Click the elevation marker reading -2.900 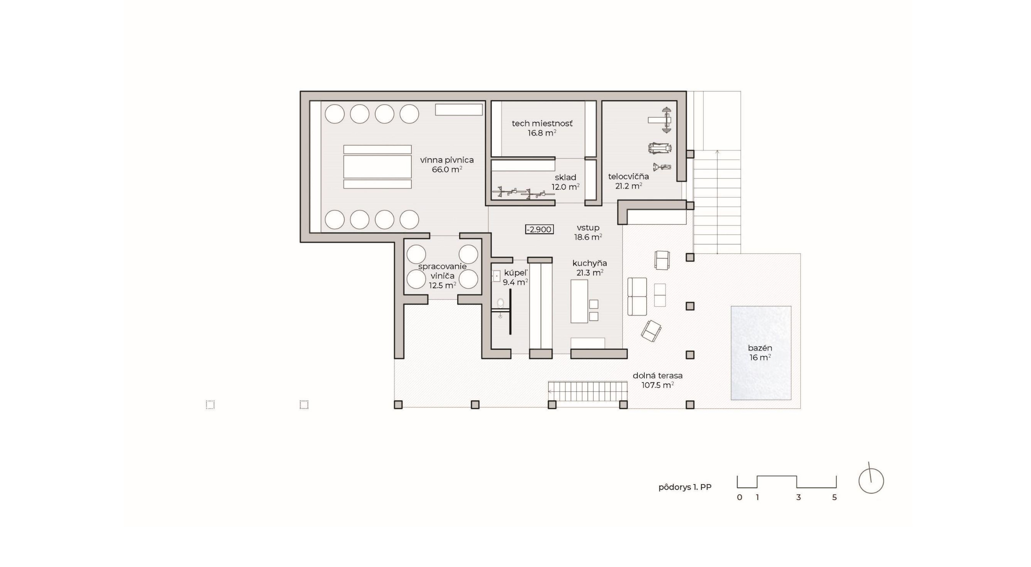pyautogui.click(x=539, y=229)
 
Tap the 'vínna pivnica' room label pyautogui.click(x=447, y=160)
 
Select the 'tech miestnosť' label pyautogui.click(x=542, y=123)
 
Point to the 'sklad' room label pyautogui.click(x=565, y=177)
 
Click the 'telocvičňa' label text pyautogui.click(x=628, y=176)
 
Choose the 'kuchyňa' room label pyautogui.click(x=589, y=263)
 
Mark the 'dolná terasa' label pyautogui.click(x=658, y=376)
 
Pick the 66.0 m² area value pyautogui.click(x=447, y=170)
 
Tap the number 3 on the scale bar pyautogui.click(x=799, y=497)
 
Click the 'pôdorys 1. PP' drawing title pyautogui.click(x=685, y=487)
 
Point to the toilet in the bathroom pyautogui.click(x=500, y=303)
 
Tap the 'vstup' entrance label pyautogui.click(x=588, y=228)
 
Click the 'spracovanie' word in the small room pyautogui.click(x=442, y=266)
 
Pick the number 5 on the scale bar pyautogui.click(x=835, y=497)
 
